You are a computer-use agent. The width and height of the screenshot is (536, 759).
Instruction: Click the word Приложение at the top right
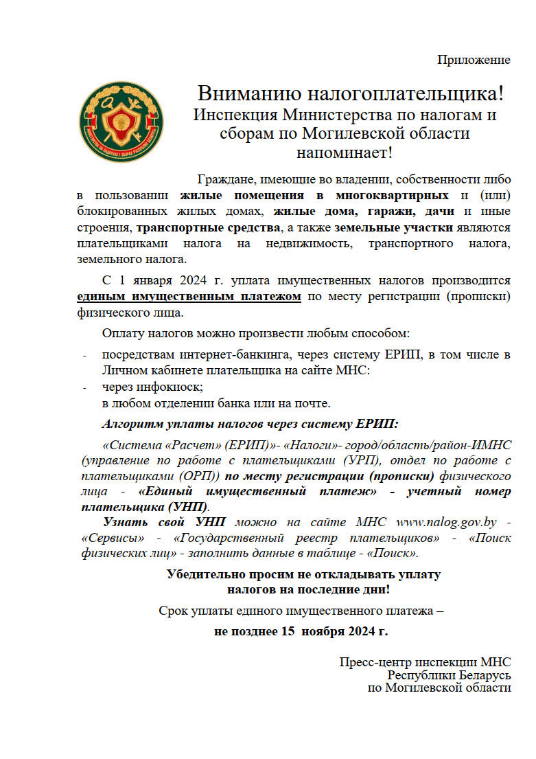click(x=474, y=60)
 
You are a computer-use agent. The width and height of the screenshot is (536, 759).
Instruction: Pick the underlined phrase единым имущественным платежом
click(x=189, y=297)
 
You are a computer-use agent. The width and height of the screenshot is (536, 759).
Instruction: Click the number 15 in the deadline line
click(x=292, y=631)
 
